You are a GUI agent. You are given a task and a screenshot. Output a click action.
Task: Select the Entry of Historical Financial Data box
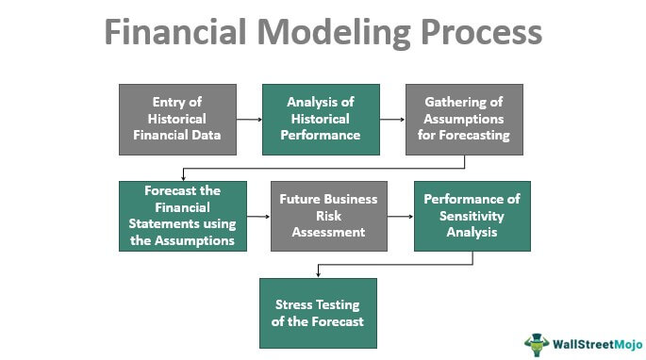point(176,120)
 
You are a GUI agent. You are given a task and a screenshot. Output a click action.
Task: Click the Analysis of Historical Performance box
point(321,120)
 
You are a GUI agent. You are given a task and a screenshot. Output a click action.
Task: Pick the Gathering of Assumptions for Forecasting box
point(464,120)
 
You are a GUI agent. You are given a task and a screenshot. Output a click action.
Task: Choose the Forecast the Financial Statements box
point(183,216)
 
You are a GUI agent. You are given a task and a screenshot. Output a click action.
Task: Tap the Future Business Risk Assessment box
point(328,216)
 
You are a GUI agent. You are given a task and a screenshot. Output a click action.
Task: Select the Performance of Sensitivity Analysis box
point(472,216)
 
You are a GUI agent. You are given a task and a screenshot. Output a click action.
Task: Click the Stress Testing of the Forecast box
point(318,313)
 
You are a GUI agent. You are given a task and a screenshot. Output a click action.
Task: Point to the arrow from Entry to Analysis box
point(248,120)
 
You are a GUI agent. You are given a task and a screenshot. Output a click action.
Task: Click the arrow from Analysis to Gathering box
point(392,120)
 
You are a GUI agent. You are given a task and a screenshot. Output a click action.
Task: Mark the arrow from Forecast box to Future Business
point(258,216)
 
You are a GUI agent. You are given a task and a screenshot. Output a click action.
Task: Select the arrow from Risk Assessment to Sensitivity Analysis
point(401,216)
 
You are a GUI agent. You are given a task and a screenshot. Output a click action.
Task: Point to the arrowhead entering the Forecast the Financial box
point(183,176)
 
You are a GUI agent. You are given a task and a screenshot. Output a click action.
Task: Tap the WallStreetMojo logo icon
point(537,344)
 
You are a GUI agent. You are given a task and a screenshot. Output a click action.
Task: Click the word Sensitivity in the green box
point(472,216)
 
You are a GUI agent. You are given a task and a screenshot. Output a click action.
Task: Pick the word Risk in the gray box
point(328,216)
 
